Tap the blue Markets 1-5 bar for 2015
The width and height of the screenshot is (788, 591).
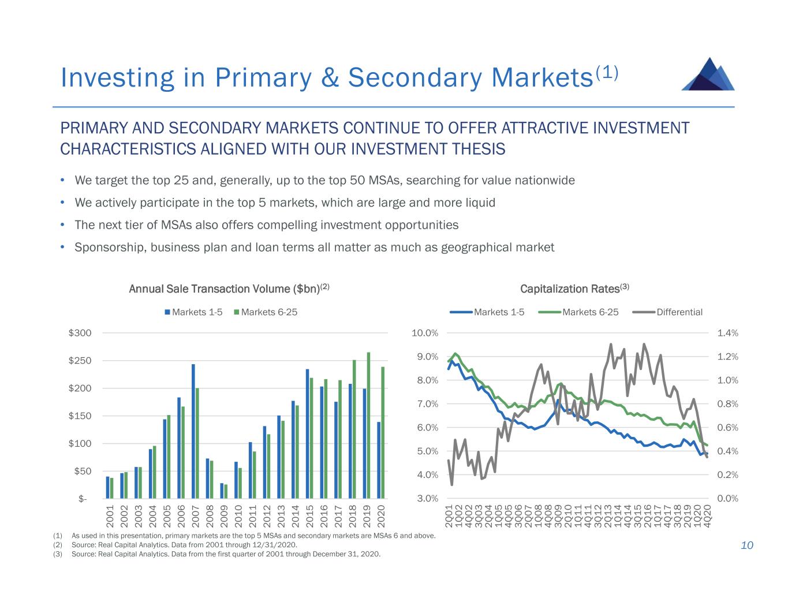coord(308,433)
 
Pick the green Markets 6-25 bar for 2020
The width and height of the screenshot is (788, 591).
coord(383,432)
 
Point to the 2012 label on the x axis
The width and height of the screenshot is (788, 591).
coord(267,515)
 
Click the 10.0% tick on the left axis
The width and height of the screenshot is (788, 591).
coord(425,333)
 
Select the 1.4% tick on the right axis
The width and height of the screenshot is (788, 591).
coord(727,333)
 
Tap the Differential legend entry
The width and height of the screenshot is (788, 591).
coord(679,312)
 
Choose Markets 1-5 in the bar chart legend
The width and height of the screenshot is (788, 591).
coord(197,312)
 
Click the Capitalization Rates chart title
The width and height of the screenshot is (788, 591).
coord(574,289)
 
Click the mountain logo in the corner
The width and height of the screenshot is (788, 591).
coord(708,74)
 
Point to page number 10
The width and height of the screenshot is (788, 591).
coord(747,545)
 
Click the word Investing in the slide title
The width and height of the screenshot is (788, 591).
coord(117,78)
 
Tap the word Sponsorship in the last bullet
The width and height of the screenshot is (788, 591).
coord(110,248)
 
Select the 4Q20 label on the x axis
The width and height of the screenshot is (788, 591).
coord(708,515)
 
